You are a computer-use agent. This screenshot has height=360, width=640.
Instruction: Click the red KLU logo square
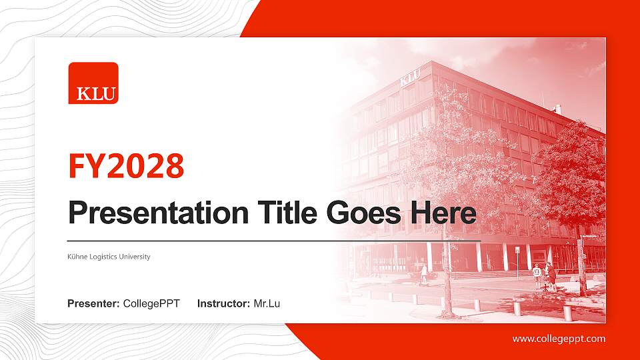(x=93, y=83)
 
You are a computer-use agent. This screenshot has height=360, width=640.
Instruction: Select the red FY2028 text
(x=126, y=166)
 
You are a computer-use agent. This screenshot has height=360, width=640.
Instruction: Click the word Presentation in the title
(x=159, y=213)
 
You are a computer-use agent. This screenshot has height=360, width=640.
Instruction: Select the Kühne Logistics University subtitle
(x=109, y=257)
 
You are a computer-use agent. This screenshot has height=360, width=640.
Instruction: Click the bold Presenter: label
(x=93, y=304)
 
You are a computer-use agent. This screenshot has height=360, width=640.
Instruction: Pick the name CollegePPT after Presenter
(x=151, y=304)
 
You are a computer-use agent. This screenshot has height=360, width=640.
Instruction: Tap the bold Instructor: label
(x=224, y=304)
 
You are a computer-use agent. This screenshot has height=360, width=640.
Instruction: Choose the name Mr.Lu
(x=267, y=304)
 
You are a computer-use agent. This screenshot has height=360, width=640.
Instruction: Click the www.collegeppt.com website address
(x=559, y=339)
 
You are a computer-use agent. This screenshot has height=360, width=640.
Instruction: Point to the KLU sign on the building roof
(x=410, y=77)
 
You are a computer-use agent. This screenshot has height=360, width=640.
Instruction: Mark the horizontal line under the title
(x=274, y=241)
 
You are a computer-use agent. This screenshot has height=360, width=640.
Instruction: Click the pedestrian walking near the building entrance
(x=424, y=274)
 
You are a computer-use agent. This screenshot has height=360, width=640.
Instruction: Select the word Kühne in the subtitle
(x=77, y=256)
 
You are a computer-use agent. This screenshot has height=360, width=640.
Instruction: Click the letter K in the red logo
(x=83, y=94)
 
